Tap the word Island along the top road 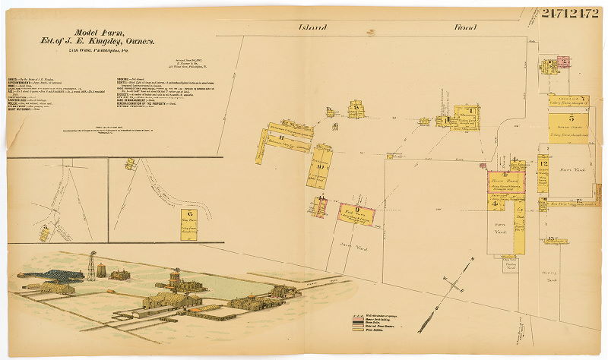(x=313, y=27)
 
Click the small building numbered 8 (x=356, y=111)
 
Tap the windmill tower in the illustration (x=92, y=265)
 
